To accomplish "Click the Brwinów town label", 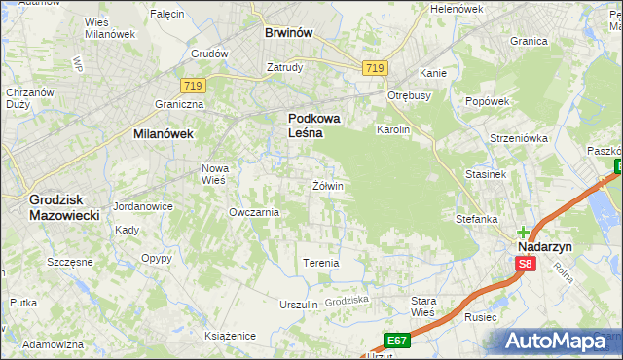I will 288,32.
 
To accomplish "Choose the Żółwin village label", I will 327,185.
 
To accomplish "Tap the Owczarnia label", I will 253,212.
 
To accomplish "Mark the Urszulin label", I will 299,305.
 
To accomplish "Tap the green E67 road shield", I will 395,340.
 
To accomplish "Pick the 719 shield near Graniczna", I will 192,87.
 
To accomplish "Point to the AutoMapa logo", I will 559,341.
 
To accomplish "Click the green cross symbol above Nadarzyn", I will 524,233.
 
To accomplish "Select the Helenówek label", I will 457,9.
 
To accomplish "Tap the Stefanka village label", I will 477,219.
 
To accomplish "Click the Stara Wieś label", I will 422,306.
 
